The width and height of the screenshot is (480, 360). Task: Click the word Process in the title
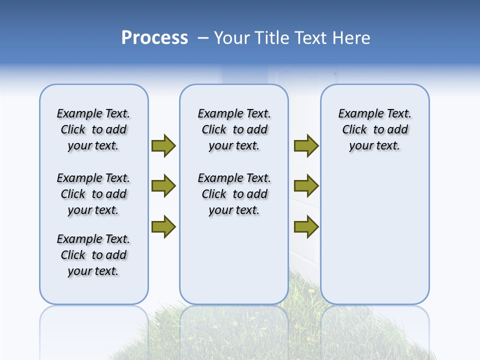[154, 38]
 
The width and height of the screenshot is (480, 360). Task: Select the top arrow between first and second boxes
[163, 145]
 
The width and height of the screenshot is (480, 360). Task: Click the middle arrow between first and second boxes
[163, 186]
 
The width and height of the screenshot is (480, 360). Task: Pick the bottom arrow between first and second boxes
[163, 227]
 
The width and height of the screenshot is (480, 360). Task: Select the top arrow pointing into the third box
[306, 145]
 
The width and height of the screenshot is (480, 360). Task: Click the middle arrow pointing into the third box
[306, 186]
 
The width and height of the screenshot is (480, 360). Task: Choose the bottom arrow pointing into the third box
[306, 227]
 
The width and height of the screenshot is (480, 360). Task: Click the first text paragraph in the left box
[93, 129]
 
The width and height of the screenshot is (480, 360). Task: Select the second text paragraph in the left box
[93, 194]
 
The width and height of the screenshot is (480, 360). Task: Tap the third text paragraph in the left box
[93, 255]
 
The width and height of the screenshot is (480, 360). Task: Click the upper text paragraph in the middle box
[234, 129]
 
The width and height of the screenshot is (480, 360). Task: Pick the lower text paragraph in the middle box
[234, 194]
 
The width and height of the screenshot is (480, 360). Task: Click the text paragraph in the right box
[374, 129]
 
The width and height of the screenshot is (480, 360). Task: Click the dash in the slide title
[203, 38]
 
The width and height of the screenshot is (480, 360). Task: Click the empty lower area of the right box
[374, 235]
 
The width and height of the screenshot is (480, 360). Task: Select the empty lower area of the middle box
[234, 260]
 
